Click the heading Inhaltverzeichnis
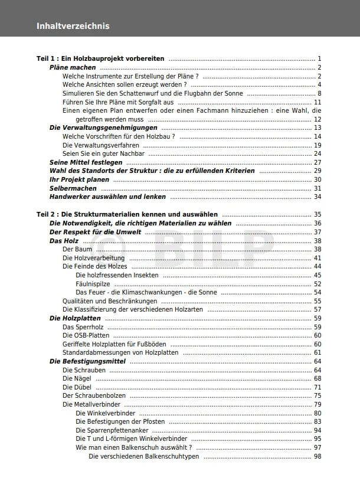click(x=73, y=26)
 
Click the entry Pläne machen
click(x=73, y=68)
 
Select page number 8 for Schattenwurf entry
click(x=319, y=93)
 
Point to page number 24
click(x=317, y=153)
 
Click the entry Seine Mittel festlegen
click(x=86, y=162)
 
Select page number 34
click(x=317, y=197)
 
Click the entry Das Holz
click(x=64, y=241)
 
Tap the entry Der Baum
click(x=77, y=250)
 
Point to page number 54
click(x=317, y=292)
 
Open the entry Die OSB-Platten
click(x=86, y=335)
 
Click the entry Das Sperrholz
click(x=83, y=327)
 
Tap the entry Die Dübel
click(x=77, y=387)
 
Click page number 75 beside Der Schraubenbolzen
click(x=317, y=395)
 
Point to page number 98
click(x=317, y=456)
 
